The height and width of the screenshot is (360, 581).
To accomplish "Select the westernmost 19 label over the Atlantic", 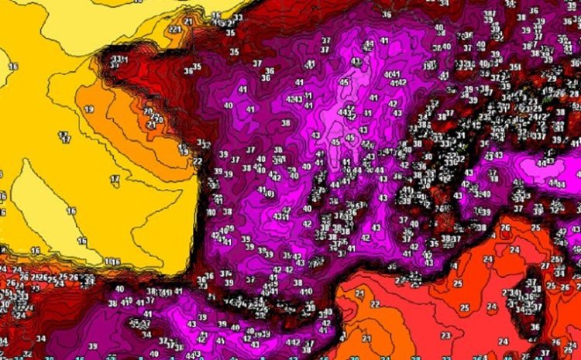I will [88, 110].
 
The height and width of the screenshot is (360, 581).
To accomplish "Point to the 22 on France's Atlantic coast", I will [198, 160].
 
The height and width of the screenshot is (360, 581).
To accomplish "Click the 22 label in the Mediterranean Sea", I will [375, 304].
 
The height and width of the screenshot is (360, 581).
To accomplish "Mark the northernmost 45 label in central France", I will [344, 81].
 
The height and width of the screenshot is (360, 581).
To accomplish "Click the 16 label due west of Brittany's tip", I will [12, 67].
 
